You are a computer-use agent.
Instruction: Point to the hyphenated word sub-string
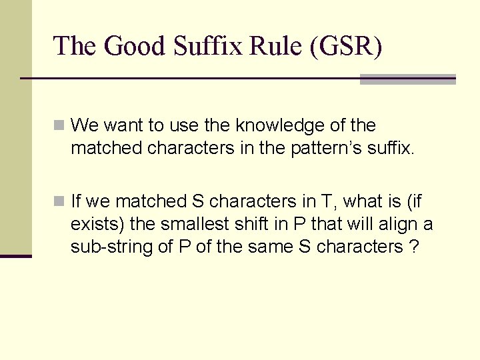[106, 247]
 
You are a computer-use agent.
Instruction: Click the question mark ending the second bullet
[415, 247]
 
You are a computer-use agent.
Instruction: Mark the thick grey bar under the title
[407, 79]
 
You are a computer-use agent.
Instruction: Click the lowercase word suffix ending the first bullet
[393, 148]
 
